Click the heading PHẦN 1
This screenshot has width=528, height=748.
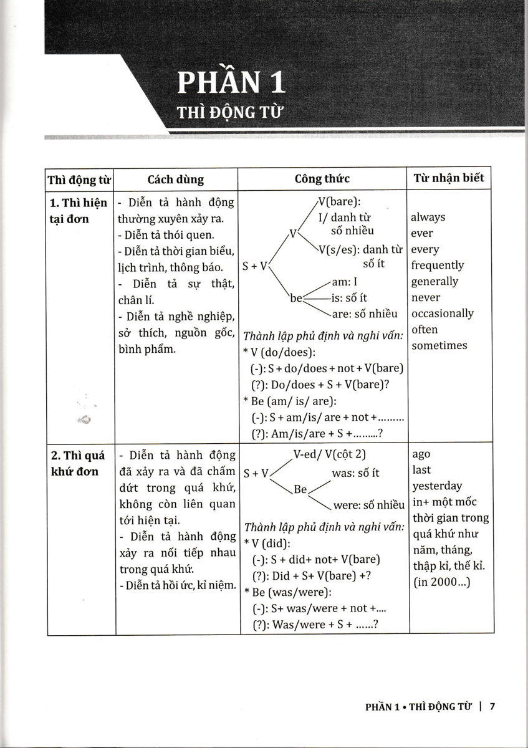click(231, 84)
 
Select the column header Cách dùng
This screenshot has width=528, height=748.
click(176, 179)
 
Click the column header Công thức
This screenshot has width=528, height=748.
click(322, 179)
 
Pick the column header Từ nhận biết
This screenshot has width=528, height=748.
click(449, 178)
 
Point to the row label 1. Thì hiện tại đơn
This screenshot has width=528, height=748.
click(78, 211)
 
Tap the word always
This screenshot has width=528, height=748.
click(428, 217)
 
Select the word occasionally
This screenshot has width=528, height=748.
click(443, 313)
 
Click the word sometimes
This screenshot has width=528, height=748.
click(439, 345)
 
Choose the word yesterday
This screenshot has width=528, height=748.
click(437, 486)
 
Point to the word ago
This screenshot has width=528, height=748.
click(421, 454)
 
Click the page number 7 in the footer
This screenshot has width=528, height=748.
click(492, 706)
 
